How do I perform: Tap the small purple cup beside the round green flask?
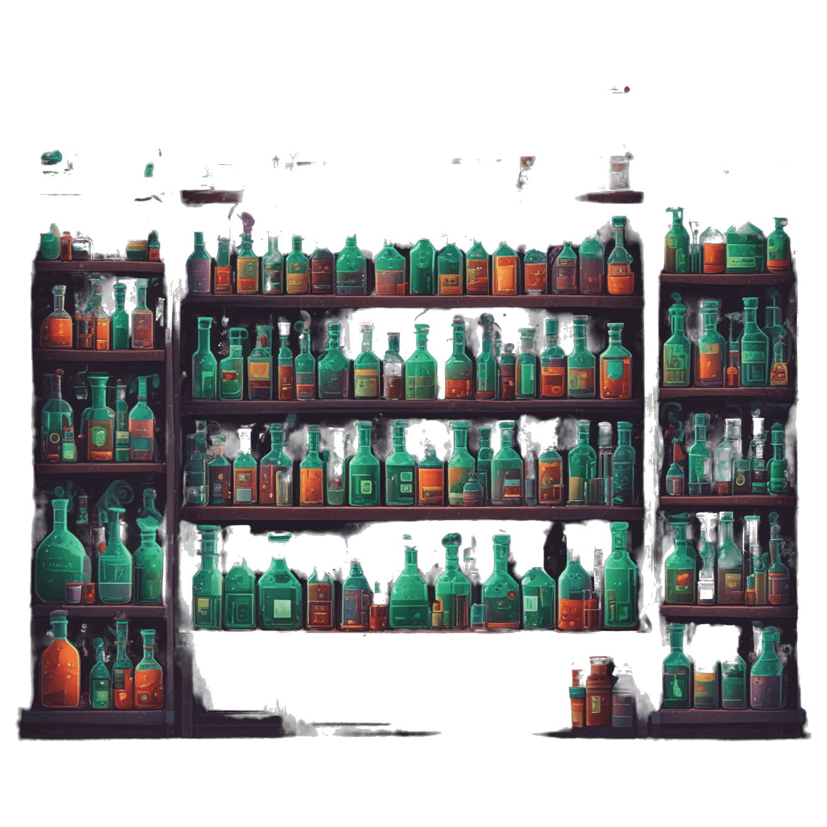(x=74, y=593)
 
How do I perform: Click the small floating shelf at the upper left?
(x=211, y=196)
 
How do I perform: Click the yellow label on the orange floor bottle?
(x=595, y=703)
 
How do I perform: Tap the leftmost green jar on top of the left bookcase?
(x=50, y=243)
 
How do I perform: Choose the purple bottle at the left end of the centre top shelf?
(x=200, y=267)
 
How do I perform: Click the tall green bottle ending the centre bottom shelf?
(x=620, y=578)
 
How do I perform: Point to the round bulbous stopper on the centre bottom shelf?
(x=451, y=541)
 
